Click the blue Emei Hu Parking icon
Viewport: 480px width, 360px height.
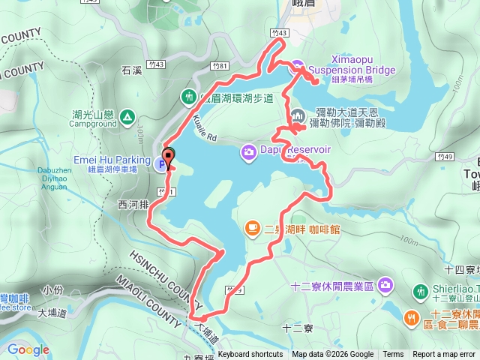(162, 166)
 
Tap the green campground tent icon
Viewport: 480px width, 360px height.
(127, 117)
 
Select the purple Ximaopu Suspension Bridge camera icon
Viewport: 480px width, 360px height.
(297, 65)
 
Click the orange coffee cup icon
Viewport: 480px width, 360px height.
(253, 228)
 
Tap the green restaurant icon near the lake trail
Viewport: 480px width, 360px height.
(188, 97)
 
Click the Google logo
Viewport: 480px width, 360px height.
(28, 349)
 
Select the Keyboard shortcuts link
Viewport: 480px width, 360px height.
(250, 355)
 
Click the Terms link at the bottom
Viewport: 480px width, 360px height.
(393, 355)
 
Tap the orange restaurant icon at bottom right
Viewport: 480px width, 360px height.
(411, 318)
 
